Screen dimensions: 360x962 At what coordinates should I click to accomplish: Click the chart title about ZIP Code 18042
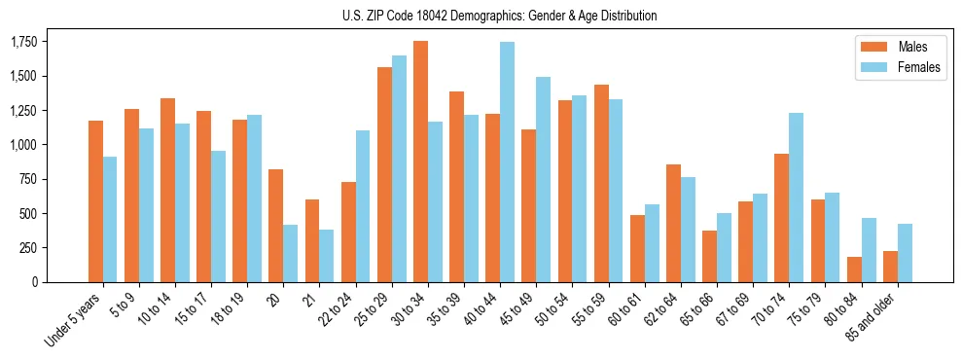click(500, 16)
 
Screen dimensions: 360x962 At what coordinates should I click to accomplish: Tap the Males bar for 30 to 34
click(420, 162)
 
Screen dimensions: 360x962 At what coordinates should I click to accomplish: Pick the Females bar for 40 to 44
click(507, 162)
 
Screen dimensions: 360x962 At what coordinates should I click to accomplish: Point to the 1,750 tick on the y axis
click(23, 42)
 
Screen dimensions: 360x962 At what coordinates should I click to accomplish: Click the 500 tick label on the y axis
click(28, 213)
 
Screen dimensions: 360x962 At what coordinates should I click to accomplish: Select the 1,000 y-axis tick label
click(23, 145)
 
